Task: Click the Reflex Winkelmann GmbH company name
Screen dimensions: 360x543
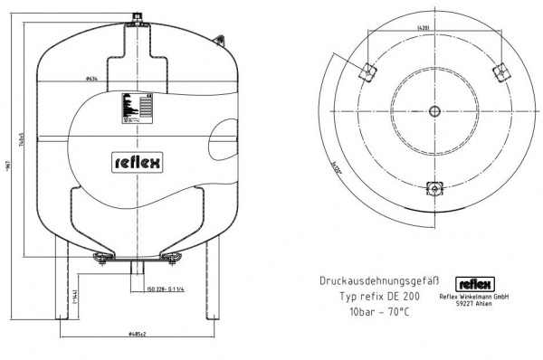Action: (x=474, y=297)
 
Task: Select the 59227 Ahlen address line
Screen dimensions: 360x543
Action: (x=474, y=305)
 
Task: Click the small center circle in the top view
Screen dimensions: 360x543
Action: (x=434, y=111)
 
